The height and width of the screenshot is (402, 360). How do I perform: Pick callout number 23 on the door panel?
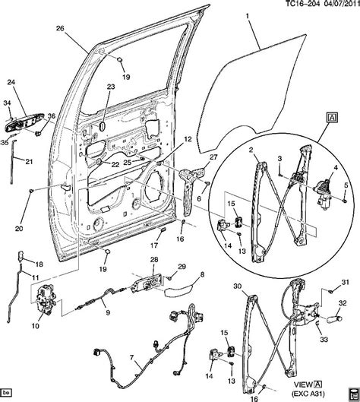point(110,87)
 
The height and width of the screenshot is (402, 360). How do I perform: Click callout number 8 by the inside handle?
point(202,274)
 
